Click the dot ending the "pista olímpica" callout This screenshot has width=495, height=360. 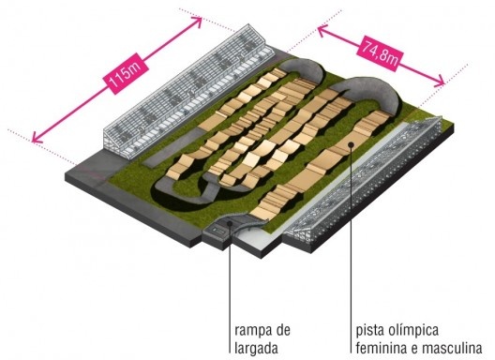(350, 143)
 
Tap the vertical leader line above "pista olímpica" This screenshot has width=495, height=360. (350, 244)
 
